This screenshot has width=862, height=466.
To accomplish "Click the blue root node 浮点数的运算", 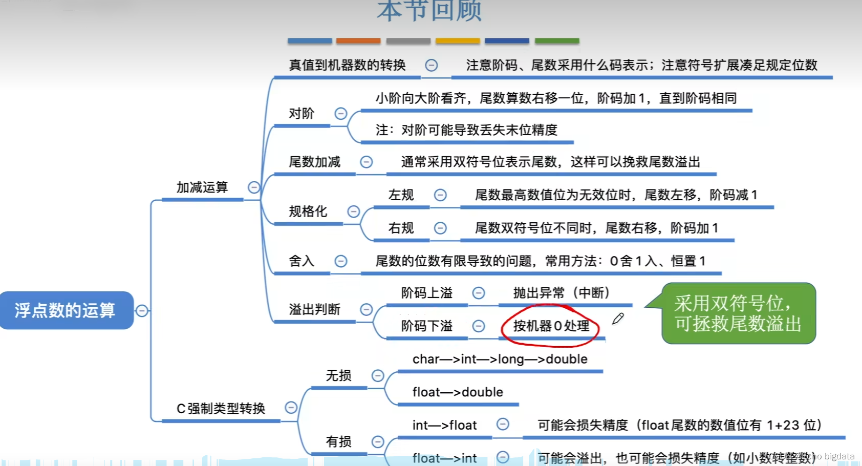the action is [x=66, y=310].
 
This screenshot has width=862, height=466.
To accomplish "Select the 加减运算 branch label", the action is [x=202, y=187].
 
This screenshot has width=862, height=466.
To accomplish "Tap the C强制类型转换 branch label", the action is [x=221, y=409].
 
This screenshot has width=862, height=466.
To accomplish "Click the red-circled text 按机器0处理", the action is [x=551, y=326].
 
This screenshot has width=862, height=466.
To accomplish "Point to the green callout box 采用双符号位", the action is [x=738, y=313].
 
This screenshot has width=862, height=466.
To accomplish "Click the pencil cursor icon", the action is [x=618, y=319].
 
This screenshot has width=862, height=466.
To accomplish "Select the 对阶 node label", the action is [x=301, y=114].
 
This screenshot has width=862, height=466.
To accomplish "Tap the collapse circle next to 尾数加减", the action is [x=366, y=162].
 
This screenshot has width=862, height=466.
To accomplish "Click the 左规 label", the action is [x=401, y=195].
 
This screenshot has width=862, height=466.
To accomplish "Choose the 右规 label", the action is [x=401, y=228].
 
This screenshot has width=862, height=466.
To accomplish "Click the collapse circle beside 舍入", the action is [x=341, y=261].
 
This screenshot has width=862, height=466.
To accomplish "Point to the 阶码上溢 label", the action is [x=427, y=293].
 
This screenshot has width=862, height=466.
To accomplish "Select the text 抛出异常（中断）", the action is [x=562, y=293].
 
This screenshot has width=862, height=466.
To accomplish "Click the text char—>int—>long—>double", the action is [x=500, y=359].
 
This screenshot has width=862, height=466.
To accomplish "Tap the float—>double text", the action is [x=458, y=392].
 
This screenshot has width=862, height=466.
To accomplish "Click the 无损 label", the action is [x=339, y=376].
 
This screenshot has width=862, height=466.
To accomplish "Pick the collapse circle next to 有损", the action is [x=378, y=441].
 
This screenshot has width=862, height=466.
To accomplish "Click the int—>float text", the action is [x=444, y=425].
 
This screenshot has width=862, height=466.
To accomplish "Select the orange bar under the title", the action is [x=358, y=40].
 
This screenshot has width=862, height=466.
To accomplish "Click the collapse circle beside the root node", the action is [x=142, y=310].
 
